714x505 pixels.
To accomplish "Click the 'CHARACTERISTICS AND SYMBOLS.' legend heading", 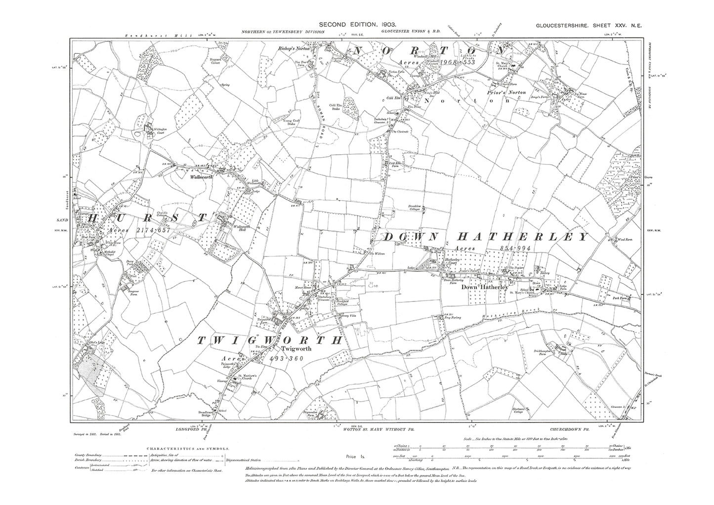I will point(188,449).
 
